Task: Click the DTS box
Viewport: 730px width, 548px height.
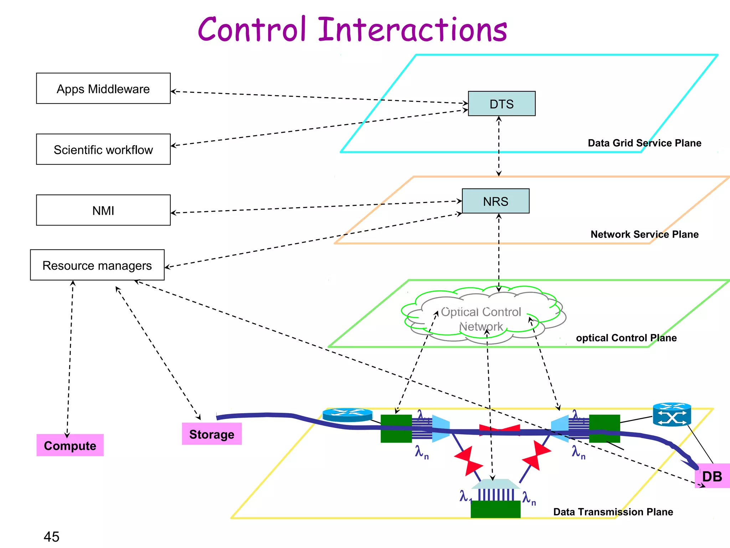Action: click(502, 104)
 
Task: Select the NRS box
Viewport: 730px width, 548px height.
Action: click(495, 201)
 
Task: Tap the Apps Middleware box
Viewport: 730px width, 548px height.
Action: click(103, 88)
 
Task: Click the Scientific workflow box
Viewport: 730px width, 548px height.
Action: click(103, 149)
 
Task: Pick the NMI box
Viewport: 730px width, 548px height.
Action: click(103, 210)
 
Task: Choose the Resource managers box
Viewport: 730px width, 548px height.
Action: click(97, 265)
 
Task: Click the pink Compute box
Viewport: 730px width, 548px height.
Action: click(70, 445)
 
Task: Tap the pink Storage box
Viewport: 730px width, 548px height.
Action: click(212, 434)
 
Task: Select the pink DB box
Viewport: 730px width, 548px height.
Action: click(712, 476)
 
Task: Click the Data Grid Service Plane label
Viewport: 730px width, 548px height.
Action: click(644, 143)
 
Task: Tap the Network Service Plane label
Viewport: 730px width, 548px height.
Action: click(644, 234)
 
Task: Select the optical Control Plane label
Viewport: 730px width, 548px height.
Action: click(626, 338)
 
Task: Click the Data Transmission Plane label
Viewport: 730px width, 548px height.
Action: click(613, 512)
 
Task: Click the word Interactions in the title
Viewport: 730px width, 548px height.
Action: click(412, 30)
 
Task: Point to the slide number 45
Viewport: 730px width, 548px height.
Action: click(51, 537)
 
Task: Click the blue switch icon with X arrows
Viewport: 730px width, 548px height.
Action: click(672, 415)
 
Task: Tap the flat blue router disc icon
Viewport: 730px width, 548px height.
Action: click(348, 415)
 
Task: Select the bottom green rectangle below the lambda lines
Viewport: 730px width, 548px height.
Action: click(495, 509)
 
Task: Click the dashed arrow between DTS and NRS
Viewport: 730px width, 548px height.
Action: click(499, 146)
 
